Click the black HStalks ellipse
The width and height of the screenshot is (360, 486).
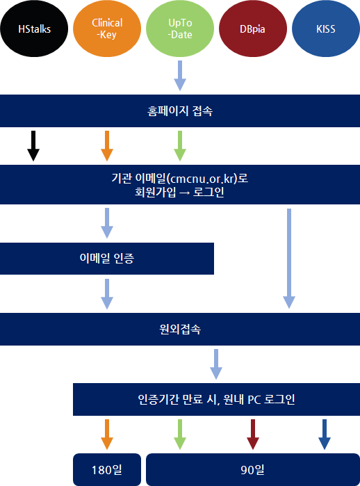click(x=34, y=29)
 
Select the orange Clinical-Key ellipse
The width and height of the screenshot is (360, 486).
click(x=107, y=29)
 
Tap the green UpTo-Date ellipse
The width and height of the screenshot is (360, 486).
click(x=180, y=29)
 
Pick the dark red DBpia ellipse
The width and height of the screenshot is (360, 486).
click(x=253, y=29)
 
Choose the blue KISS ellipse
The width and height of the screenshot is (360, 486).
click(x=326, y=29)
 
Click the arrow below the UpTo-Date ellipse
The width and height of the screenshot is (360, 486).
click(x=180, y=76)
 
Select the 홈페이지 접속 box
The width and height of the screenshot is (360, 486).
click(x=180, y=111)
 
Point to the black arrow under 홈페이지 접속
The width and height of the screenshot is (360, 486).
click(x=33, y=146)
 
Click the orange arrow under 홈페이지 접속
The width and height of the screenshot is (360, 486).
click(x=107, y=146)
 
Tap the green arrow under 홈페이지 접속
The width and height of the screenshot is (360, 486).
click(x=180, y=146)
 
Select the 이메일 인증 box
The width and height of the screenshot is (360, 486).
click(x=107, y=259)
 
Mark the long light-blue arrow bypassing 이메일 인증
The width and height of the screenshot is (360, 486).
click(x=289, y=259)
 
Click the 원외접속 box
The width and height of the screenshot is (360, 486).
click(x=180, y=329)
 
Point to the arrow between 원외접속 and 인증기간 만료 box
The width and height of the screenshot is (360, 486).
click(x=216, y=364)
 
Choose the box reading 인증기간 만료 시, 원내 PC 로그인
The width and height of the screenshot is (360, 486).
click(x=216, y=399)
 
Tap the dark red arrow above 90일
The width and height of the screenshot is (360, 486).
click(x=253, y=435)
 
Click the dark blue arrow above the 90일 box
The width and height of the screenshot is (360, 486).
click(x=325, y=435)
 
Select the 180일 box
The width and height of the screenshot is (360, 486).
click(x=107, y=469)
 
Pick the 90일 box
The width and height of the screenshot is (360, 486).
click(x=253, y=469)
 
